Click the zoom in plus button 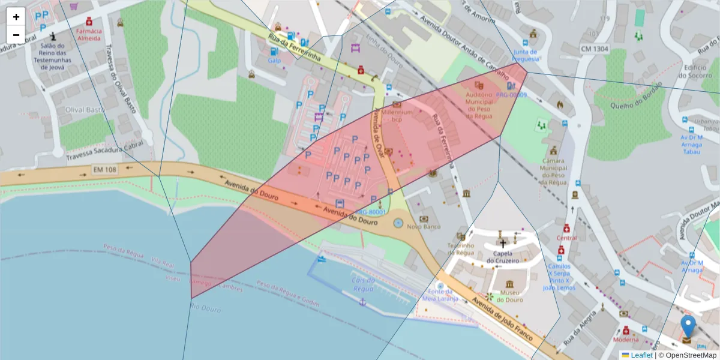[x=16, y=17]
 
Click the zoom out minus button [x=16, y=35]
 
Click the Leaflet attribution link [x=641, y=355]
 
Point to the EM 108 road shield [x=105, y=170]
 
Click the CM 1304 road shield [x=595, y=47]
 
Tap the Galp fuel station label [x=275, y=61]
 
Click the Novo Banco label [x=424, y=227]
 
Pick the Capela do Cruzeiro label [x=503, y=257]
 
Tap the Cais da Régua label [x=363, y=284]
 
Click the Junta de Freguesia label [x=526, y=55]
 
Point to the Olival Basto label [x=85, y=110]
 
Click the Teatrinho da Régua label [x=461, y=249]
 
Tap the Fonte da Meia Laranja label [x=440, y=295]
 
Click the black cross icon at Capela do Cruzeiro [x=503, y=244]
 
